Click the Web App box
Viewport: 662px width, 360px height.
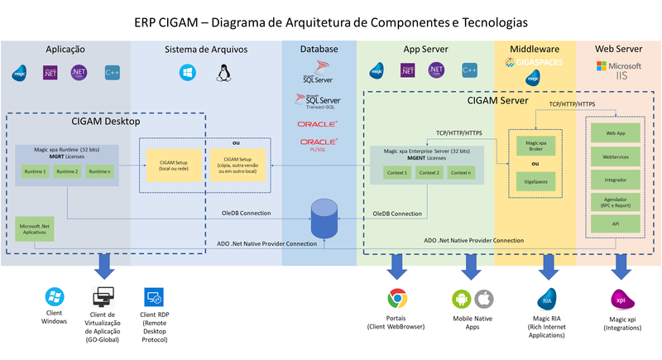(615, 132)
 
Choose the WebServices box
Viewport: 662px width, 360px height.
(615, 156)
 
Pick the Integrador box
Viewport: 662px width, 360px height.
(615, 178)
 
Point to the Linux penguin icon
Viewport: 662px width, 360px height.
(223, 74)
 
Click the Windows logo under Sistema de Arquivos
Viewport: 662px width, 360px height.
(186, 74)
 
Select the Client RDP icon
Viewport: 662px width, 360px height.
(154, 298)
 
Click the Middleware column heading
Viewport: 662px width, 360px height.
(533, 50)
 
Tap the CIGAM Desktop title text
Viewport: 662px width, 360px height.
(105, 122)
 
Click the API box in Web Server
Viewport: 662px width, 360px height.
(615, 223)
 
